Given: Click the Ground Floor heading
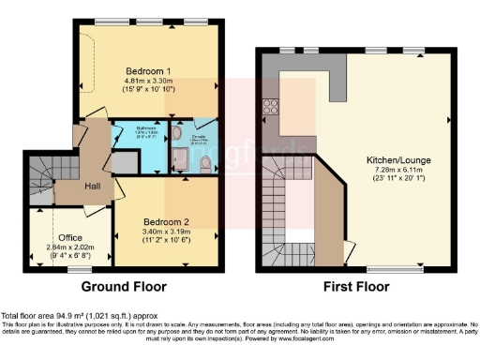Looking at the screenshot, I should pos(124,286).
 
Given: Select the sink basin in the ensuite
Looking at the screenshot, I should pos(178,135).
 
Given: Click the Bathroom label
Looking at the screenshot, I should pos(145,130).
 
